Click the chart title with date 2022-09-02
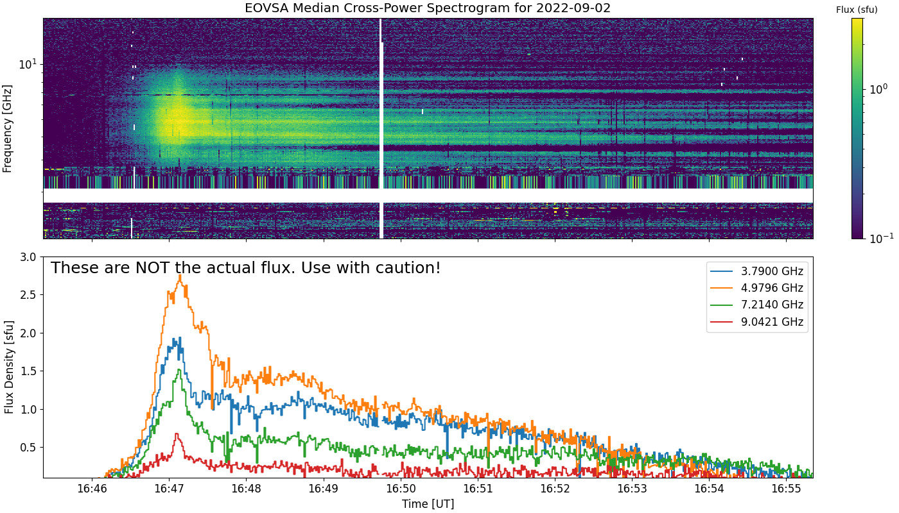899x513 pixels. point(428,8)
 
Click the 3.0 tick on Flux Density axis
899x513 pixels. point(29,257)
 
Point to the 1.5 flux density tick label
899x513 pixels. point(29,371)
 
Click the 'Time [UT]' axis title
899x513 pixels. point(428,504)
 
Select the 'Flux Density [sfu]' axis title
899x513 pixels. point(9,367)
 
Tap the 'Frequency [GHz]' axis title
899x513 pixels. point(8,128)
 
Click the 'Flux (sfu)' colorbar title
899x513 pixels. point(857,10)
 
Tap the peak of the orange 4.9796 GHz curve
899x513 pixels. point(180,276)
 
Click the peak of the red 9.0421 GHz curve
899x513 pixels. point(177,434)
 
